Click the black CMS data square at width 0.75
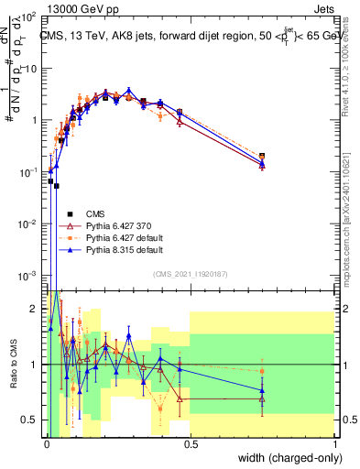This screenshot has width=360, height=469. click(263, 157)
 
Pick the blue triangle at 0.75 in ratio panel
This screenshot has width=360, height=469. click(263, 391)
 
